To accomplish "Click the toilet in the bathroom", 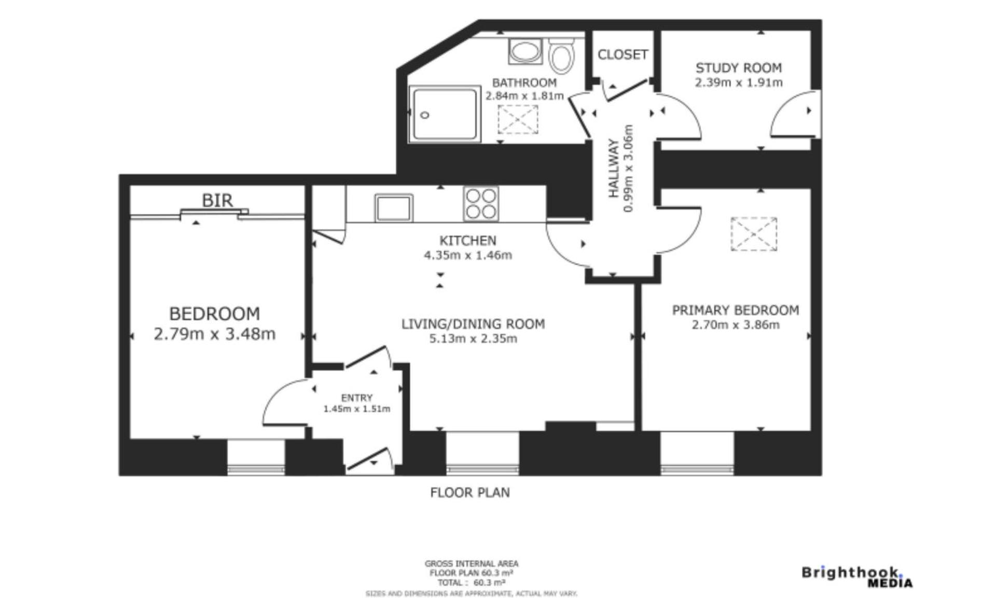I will [561, 56].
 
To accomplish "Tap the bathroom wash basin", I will [524, 52].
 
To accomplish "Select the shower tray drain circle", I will [425, 115].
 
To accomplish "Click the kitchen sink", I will [394, 208].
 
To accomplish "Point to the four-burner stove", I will [481, 203].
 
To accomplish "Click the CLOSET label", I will [622, 55].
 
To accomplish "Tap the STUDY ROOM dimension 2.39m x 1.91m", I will [738, 83].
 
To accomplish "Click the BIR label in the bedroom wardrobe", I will [217, 200].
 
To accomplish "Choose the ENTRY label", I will [356, 398].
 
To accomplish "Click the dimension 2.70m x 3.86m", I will [735, 325].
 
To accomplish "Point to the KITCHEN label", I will [467, 240].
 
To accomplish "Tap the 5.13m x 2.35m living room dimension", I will [473, 339].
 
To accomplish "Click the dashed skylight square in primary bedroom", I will [753, 234].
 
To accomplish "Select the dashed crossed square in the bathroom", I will [518, 119].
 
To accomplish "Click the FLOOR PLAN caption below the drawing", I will [469, 492].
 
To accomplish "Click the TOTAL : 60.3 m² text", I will [471, 582].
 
